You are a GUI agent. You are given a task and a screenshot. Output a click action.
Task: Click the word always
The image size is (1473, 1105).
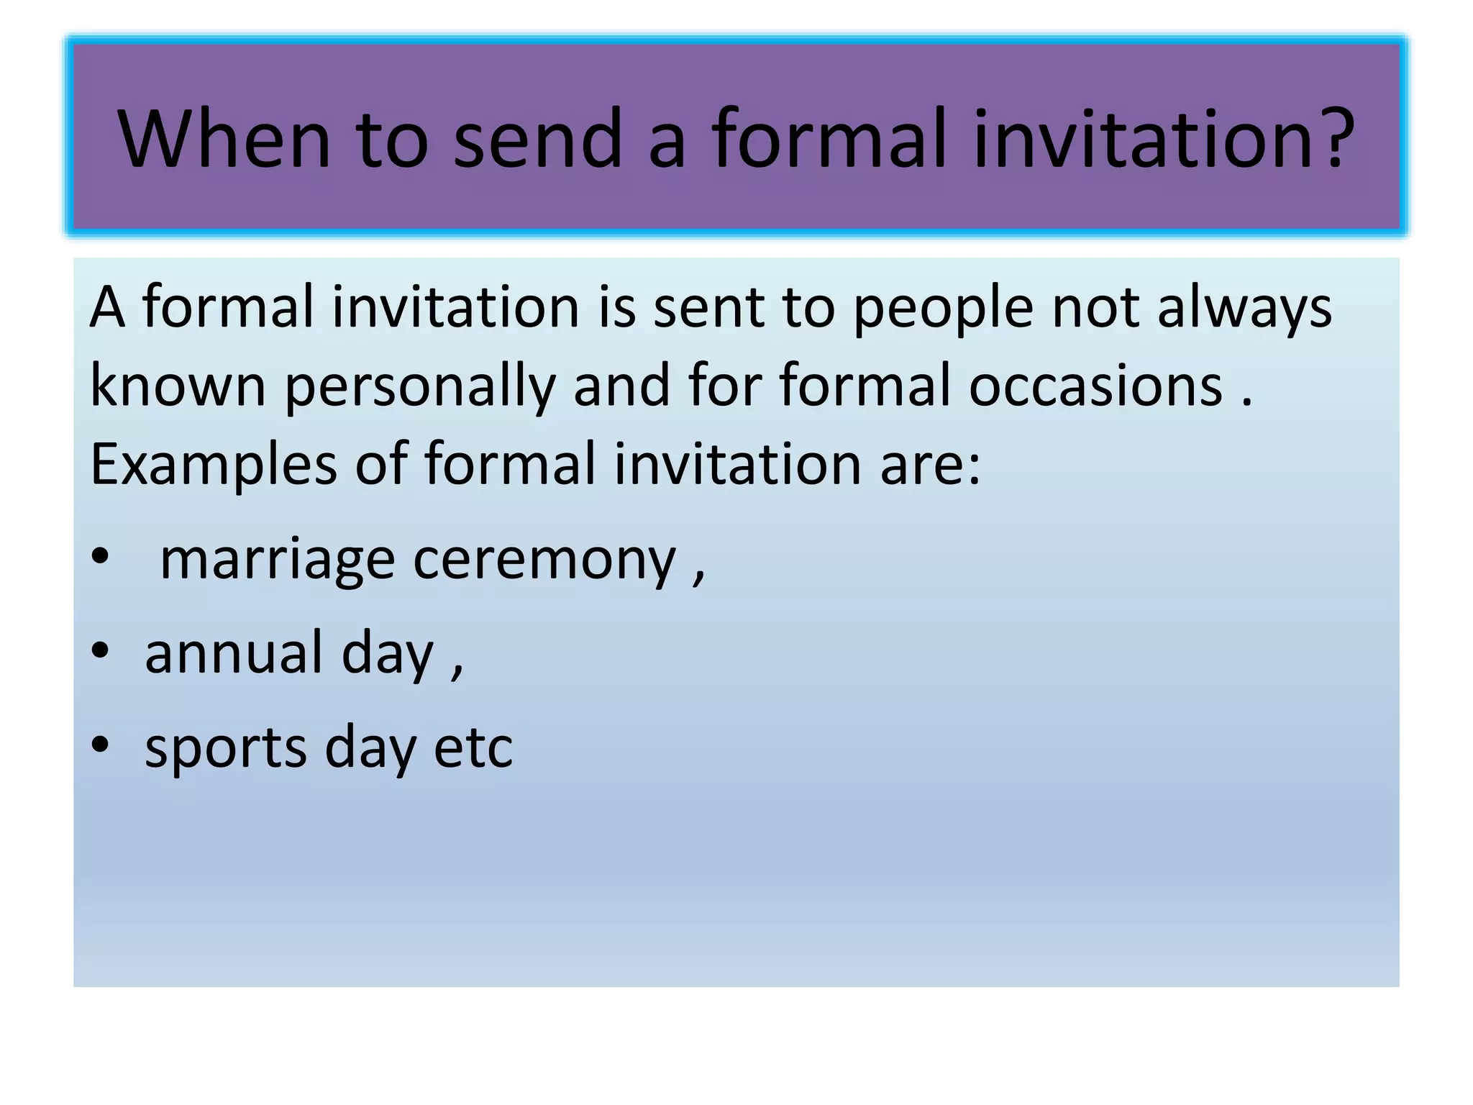click(1244, 308)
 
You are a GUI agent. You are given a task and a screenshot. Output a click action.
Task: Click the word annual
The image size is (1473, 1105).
click(234, 652)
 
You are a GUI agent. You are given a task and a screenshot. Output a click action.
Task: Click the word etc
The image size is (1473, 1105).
click(473, 747)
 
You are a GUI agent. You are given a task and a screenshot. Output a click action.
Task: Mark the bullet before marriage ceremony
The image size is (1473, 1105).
click(100, 557)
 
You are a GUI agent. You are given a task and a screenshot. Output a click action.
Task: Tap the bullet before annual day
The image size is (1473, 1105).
click(100, 650)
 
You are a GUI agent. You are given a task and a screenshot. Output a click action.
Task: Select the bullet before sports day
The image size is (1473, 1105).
click(100, 745)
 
